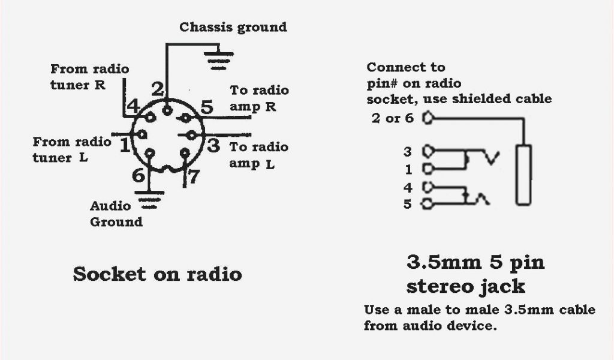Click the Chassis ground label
(233, 27)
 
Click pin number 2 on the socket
(158, 91)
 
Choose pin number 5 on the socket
(206, 108)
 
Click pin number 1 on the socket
(125, 145)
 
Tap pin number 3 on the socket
(213, 145)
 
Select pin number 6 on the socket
(139, 176)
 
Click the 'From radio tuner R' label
(89, 77)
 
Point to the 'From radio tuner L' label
(72, 150)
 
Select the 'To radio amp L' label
(259, 155)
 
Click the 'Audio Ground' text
(116, 214)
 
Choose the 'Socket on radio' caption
(157, 274)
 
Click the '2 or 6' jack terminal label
(393, 118)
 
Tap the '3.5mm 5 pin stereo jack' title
(475, 274)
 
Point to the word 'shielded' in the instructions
(480, 98)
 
